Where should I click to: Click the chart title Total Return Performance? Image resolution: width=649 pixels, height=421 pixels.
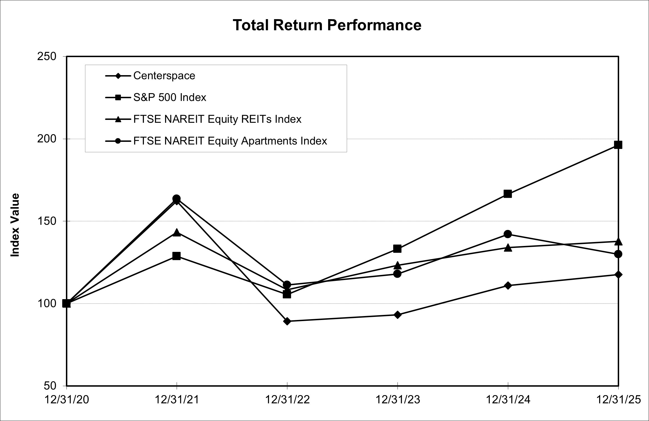(x=327, y=25)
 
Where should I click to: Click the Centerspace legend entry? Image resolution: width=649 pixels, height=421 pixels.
(x=164, y=76)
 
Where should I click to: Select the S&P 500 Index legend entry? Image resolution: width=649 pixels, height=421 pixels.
(x=170, y=97)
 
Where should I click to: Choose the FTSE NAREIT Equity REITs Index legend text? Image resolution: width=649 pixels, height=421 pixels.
(x=217, y=119)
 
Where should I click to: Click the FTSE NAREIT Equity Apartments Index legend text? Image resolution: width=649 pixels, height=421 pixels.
(x=230, y=141)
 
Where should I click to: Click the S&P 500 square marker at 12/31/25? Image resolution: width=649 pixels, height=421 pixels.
(x=618, y=145)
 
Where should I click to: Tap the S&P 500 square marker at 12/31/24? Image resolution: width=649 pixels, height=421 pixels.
(x=508, y=194)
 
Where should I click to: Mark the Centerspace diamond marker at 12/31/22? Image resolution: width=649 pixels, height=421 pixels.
(x=287, y=321)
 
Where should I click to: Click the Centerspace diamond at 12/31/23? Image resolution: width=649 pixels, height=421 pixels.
(x=397, y=315)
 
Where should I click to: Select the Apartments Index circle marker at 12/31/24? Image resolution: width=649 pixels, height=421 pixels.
(x=508, y=234)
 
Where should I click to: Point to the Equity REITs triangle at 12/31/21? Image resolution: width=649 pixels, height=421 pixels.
(x=177, y=233)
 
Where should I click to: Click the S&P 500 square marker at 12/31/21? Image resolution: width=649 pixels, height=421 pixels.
(x=177, y=256)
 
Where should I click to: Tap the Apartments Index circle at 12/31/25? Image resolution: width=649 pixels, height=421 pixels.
(x=618, y=254)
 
